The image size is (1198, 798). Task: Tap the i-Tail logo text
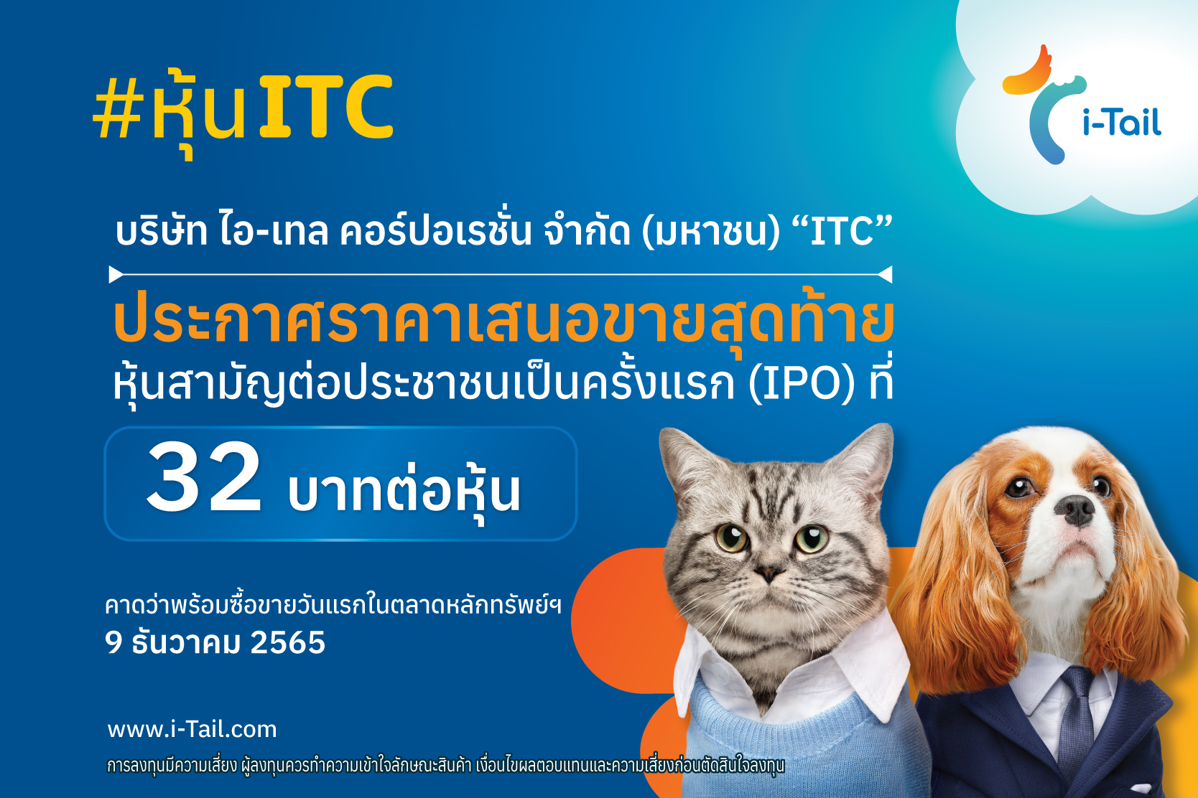[x=1122, y=122]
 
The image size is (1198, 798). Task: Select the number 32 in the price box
[x=204, y=477]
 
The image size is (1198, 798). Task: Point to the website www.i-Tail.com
[x=192, y=730]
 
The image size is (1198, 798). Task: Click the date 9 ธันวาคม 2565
[x=215, y=642]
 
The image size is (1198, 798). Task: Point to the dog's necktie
[x=1076, y=716]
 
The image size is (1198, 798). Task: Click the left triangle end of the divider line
[x=116, y=275]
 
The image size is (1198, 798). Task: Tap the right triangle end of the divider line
[x=885, y=275]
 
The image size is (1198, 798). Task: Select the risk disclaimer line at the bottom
[x=445, y=766]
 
